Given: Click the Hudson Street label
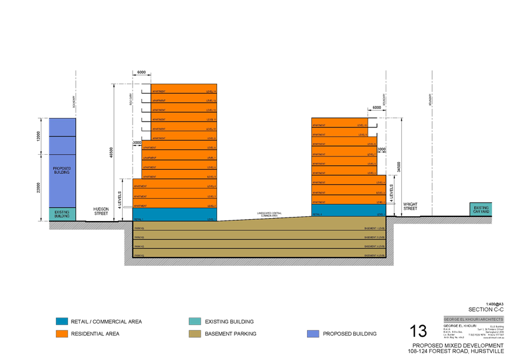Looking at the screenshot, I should pos(102,211).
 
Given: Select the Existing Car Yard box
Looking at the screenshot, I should pos(480,209).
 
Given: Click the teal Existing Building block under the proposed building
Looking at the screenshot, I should pos(62,214).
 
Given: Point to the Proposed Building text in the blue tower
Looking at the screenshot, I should pos(62,171).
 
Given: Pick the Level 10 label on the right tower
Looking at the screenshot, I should pos(362,125).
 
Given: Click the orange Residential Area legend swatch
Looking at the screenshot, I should pos(62,334).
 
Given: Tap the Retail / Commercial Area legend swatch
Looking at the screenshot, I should pos(62,321).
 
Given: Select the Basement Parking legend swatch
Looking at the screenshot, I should pos(194,334).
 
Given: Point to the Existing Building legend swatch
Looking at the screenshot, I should pos(194,321).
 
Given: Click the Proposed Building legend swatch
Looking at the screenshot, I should pos(312,334).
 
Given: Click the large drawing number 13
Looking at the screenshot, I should pos(418,332).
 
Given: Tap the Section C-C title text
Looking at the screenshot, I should pos(486,309).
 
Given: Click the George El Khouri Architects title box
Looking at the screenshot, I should pos(473,319).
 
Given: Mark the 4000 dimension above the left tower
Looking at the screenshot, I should pos(141,73).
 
